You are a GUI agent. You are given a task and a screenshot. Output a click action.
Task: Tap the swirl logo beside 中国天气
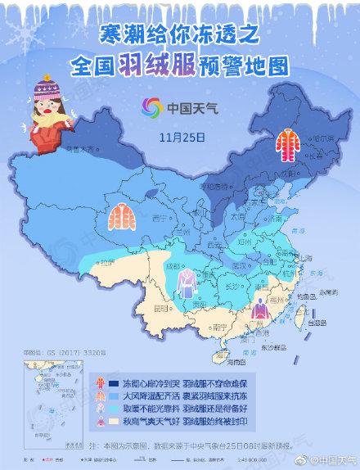(x=150, y=108)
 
